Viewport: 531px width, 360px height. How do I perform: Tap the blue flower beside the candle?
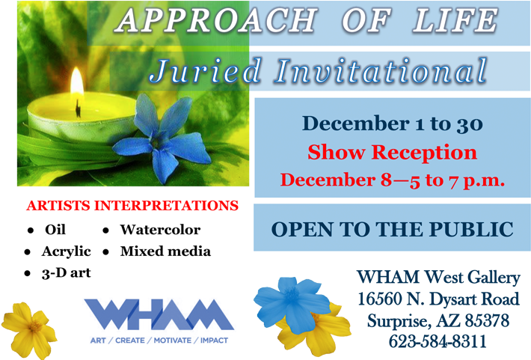[162, 138]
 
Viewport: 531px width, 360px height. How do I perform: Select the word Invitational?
[381, 71]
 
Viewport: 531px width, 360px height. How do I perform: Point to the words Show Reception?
[392, 152]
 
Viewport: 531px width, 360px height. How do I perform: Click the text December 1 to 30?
[392, 123]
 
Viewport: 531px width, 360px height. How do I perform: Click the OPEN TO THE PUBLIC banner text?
[392, 229]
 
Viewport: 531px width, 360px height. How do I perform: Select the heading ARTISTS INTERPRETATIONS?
[132, 206]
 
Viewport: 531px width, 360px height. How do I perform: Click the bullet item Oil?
[55, 230]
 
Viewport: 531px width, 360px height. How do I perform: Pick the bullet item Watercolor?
[160, 230]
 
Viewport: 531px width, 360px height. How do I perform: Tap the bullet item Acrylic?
[67, 251]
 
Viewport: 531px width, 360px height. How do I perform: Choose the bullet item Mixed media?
[165, 251]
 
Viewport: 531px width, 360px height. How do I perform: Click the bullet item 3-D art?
[67, 273]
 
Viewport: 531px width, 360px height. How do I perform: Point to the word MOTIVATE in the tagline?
[172, 341]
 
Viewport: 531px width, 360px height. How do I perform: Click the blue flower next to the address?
[292, 305]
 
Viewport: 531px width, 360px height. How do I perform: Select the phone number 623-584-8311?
[438, 341]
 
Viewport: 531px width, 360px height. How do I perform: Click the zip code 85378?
[487, 320]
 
